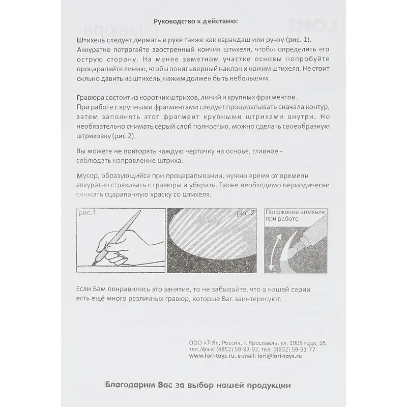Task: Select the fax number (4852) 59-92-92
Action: coord(227,350)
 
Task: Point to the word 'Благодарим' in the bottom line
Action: coord(128,385)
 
